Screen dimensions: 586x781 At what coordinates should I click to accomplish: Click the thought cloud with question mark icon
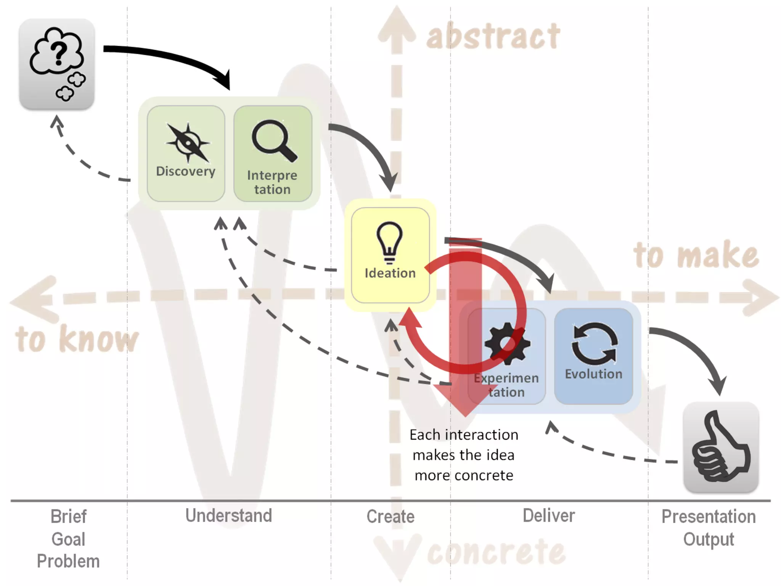tap(57, 63)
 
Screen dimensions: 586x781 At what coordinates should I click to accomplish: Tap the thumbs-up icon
tap(721, 446)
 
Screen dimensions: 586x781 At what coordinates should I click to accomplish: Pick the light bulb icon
tap(389, 243)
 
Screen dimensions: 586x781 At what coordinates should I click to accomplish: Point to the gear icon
tap(507, 343)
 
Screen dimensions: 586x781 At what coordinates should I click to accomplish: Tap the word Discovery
tap(186, 171)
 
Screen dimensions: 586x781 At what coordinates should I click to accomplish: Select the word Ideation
tap(390, 273)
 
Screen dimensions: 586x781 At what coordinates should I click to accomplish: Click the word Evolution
tap(593, 374)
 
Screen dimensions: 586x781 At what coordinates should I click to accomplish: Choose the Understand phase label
tap(229, 515)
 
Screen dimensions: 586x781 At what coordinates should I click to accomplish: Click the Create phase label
tap(390, 516)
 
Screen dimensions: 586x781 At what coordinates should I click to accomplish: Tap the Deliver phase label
tap(549, 515)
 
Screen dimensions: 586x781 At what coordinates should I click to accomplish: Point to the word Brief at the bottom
tap(69, 517)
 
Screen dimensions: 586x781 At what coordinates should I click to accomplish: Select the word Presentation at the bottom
tap(709, 517)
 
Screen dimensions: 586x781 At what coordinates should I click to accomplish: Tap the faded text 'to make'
tap(696, 255)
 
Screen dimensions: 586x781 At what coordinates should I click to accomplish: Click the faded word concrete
tap(496, 552)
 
